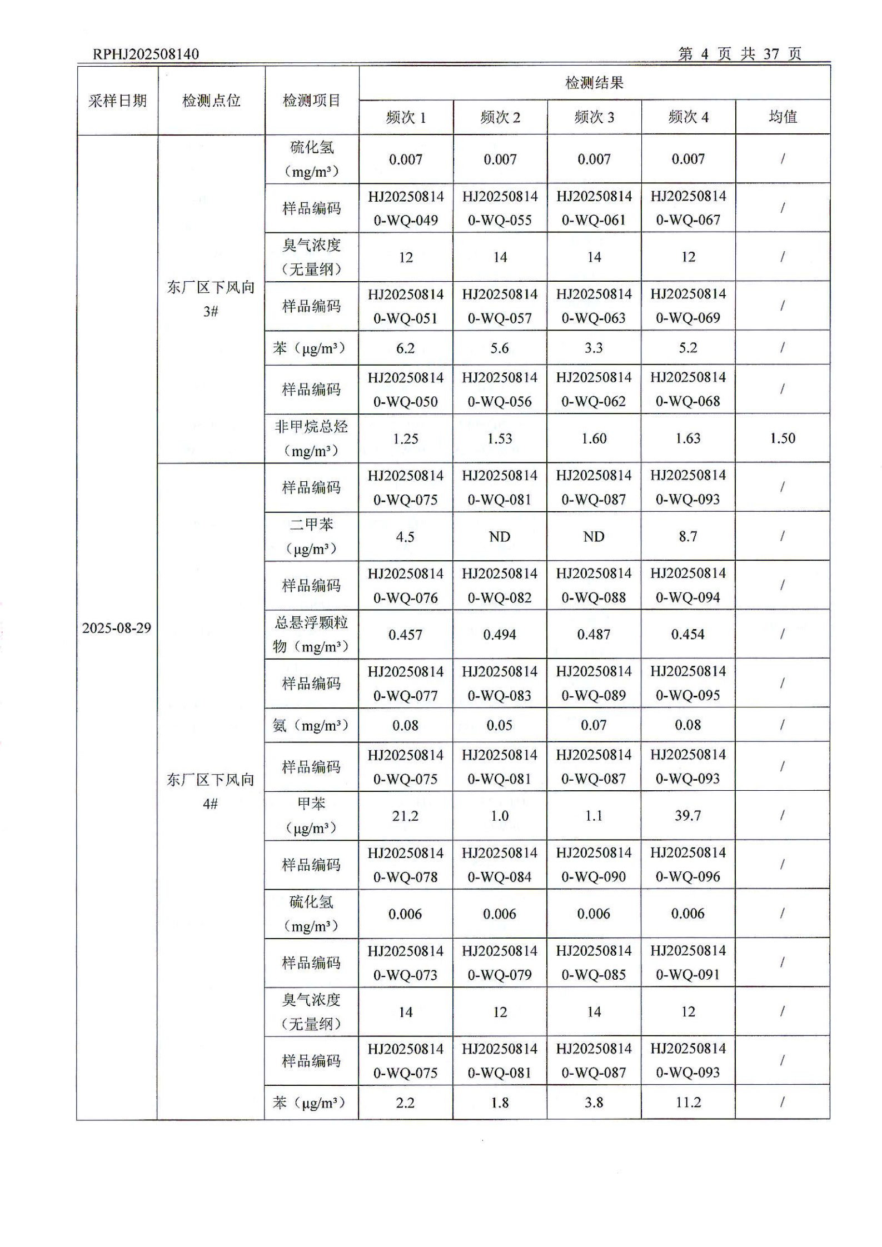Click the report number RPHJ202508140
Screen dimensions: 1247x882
(146, 54)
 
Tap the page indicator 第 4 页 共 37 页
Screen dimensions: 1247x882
(739, 54)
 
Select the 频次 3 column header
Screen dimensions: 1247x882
(594, 117)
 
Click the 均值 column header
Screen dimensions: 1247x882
(783, 117)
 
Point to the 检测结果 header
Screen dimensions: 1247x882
(594, 83)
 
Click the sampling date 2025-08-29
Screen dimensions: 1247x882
(117, 628)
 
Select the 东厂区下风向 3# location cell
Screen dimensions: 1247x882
(211, 299)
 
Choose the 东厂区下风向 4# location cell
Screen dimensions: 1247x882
(211, 791)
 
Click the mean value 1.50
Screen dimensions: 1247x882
(783, 438)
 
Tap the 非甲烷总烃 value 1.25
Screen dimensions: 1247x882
(406, 439)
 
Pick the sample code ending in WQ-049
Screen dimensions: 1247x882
(406, 208)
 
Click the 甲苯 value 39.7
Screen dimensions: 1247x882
(688, 816)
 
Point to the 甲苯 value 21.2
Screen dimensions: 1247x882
(405, 816)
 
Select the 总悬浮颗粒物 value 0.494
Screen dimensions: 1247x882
(500, 635)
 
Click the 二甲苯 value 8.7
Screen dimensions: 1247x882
(688, 536)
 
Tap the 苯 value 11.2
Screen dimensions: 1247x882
(688, 1103)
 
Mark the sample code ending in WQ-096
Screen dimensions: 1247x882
(688, 865)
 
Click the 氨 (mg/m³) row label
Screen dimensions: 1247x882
(311, 725)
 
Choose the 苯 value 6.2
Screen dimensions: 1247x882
(405, 348)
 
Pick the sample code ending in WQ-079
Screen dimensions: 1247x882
(500, 963)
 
